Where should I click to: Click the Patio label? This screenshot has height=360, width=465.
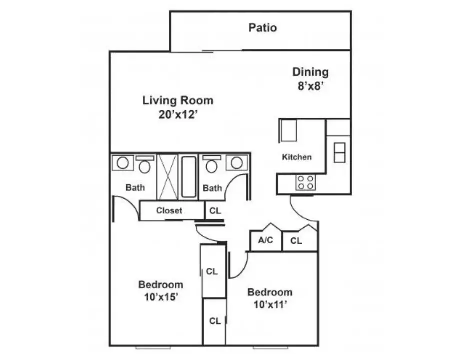coord(262,28)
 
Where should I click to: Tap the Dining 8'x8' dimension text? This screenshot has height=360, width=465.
coord(310,86)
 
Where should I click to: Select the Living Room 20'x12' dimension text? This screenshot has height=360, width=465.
coord(178,114)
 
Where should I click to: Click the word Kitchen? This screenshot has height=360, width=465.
coord(297,157)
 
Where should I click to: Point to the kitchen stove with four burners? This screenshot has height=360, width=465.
coord(305,182)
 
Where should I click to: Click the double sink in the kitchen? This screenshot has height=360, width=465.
coord(340,152)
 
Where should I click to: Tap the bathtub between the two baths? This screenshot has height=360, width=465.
coord(189,177)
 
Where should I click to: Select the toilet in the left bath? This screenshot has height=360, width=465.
coord(145,164)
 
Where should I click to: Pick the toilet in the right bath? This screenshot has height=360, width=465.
coord(211,164)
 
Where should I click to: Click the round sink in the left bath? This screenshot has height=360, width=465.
coord(123,163)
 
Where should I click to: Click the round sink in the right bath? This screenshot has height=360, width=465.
coord(236,163)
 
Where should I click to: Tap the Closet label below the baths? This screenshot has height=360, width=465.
coord(169,211)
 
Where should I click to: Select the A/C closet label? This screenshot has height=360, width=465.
coord(265,240)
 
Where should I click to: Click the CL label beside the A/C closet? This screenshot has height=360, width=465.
coord(296,241)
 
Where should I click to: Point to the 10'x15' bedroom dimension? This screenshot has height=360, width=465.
coord(161,297)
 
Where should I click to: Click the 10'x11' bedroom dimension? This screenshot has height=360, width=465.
coord(270,304)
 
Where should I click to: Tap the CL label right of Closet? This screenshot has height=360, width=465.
coord(215,211)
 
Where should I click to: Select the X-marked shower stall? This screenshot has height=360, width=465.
coord(167,177)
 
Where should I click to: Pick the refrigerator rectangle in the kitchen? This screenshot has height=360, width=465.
coord(288,130)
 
